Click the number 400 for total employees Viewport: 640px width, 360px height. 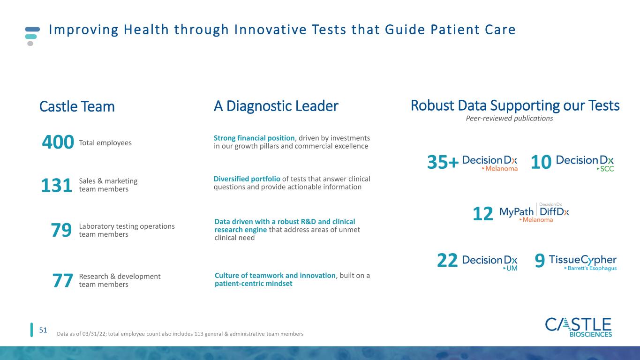tap(58, 142)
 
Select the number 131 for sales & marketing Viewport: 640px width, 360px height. tap(57, 186)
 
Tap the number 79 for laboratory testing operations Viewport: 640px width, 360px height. tap(61, 230)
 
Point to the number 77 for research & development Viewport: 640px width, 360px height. tap(62, 281)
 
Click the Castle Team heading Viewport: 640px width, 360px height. tap(77, 106)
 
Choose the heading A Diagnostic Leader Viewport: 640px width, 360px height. tap(276, 106)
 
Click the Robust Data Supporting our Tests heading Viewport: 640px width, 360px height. tap(515, 105)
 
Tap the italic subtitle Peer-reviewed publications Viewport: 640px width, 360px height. tap(510, 118)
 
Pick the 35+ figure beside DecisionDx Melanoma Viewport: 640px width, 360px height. tap(443, 162)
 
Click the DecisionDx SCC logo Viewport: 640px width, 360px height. tap(585, 163)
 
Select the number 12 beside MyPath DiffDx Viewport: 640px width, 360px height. tap(483, 214)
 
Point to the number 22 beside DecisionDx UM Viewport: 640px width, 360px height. tap(447, 260)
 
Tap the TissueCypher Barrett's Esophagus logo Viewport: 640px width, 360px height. tap(583, 262)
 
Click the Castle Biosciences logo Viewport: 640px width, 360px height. tap(579, 328)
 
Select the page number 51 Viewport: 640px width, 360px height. tap(43, 330)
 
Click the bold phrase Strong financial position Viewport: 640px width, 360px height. tap(254, 138)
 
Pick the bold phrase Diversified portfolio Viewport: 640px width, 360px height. tap(247, 179)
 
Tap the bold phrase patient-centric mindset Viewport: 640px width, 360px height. tap(254, 284)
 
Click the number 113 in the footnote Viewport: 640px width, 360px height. tap(198, 334)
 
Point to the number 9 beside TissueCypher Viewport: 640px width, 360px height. tap(540, 261)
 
